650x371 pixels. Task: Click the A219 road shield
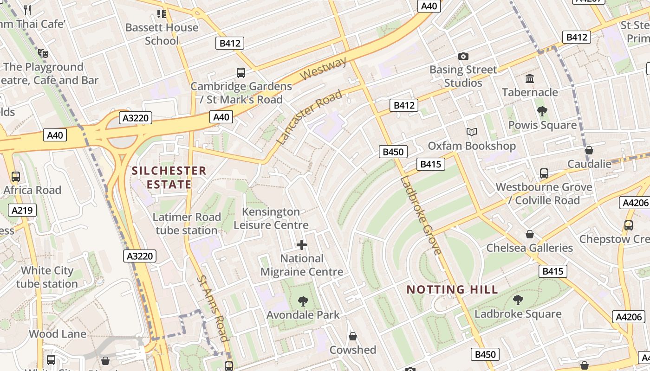(x=22, y=210)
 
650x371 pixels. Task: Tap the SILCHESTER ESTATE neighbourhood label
(x=169, y=178)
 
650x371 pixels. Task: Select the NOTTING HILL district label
(x=452, y=290)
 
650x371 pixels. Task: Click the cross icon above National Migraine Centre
(x=302, y=244)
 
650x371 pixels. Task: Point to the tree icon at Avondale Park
(x=303, y=301)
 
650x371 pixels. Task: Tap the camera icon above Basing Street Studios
(x=463, y=57)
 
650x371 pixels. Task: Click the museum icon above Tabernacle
(x=530, y=78)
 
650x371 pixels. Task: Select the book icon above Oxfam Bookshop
(x=472, y=132)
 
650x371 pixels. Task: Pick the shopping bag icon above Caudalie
(x=589, y=150)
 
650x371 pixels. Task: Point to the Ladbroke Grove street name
(x=421, y=215)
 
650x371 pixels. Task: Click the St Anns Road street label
(x=213, y=308)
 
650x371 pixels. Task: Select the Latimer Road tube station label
(x=187, y=224)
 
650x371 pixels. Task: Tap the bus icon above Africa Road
(x=16, y=177)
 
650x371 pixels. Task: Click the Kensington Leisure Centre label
(x=271, y=218)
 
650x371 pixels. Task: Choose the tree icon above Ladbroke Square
(x=518, y=300)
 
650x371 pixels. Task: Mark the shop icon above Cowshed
(x=353, y=336)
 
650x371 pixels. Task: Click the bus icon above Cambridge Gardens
(x=241, y=73)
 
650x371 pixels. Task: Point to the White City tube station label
(x=47, y=277)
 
